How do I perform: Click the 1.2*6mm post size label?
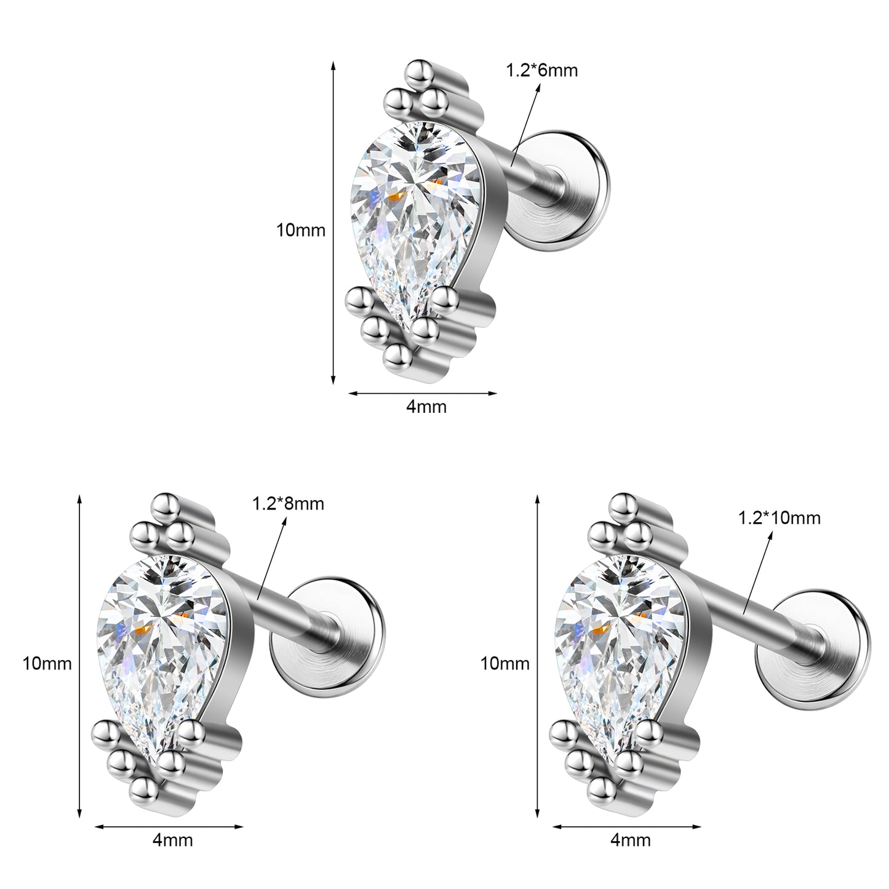(541, 71)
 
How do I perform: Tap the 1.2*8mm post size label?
(288, 504)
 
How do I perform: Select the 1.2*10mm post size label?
(779, 518)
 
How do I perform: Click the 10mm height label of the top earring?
(301, 230)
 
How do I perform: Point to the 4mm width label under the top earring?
(426, 407)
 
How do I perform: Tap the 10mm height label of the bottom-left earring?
(47, 664)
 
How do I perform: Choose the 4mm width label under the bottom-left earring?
(172, 840)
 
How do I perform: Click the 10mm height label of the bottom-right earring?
(505, 664)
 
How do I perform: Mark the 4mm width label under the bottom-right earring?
(631, 840)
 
